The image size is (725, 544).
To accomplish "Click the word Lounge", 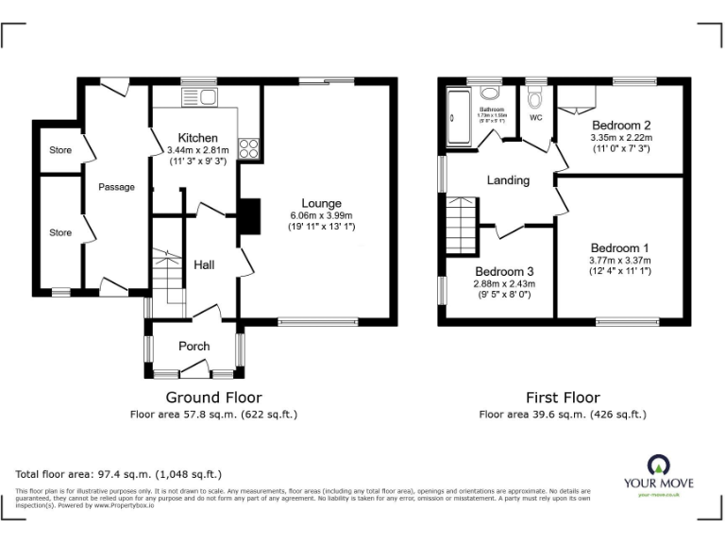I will point(321,203).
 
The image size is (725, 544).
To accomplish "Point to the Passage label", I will point(116,187).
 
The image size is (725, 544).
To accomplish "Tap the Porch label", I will point(194,347).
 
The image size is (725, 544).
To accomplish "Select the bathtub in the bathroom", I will point(459,117).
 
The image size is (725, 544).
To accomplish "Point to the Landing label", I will point(508,180).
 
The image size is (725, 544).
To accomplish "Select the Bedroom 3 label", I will point(504,272).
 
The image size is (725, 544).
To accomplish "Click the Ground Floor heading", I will point(214,398).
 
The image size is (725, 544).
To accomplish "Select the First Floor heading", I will point(563,398).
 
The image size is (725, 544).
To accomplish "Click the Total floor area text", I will point(119,474).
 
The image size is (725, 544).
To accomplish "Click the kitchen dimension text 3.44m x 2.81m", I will point(198,150).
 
